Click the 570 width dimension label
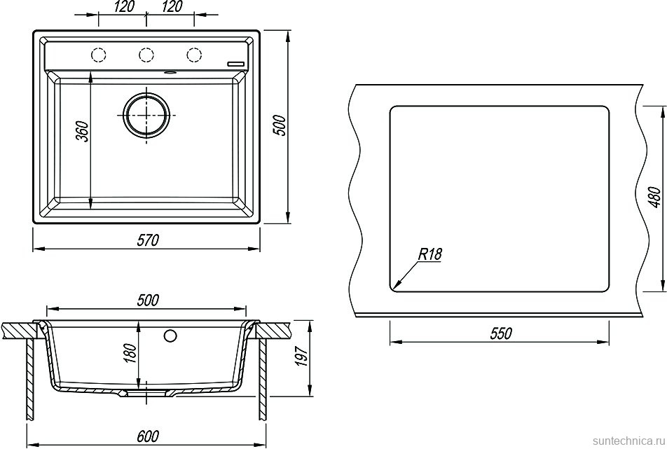tap(148, 241)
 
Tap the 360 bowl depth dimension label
tap(82, 131)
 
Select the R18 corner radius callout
tap(430, 254)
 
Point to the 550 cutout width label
tap(500, 334)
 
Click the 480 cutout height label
tap(656, 198)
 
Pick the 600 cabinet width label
tap(148, 436)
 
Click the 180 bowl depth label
tap(130, 352)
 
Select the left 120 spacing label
tap(124, 7)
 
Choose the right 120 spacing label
tap(172, 7)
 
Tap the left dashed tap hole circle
tap(98, 55)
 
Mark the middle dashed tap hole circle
tap(146, 55)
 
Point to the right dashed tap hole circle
tap(194, 55)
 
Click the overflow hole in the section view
tap(170, 336)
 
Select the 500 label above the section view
tap(148, 301)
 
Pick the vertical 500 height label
tap(281, 125)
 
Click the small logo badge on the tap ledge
tap(235, 64)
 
